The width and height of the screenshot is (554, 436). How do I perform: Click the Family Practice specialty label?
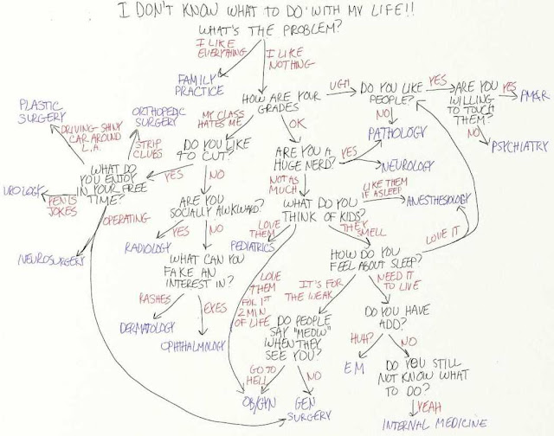point(200,82)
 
